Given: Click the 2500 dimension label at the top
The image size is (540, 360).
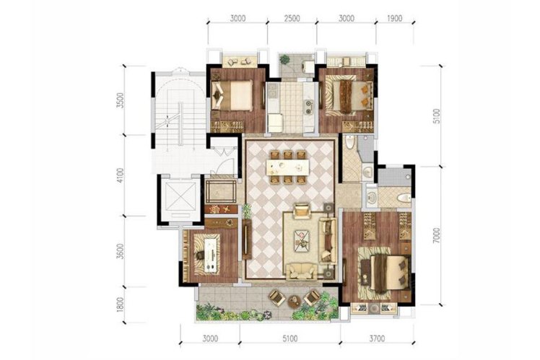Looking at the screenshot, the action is point(292,18).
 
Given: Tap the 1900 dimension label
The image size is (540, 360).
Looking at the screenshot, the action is point(394,18).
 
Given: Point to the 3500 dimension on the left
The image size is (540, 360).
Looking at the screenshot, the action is point(120,100).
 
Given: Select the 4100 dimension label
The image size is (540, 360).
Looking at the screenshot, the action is point(120,175).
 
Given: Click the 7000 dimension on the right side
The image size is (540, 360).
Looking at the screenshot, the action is point(436,236).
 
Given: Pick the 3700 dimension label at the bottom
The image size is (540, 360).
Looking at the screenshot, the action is point(377,338).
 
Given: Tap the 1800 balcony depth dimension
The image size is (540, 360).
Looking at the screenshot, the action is point(120,305).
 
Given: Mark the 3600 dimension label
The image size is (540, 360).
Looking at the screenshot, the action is point(120,252).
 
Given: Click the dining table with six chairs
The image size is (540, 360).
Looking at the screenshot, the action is point(287,167).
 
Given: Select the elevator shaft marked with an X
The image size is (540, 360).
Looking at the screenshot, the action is point(180,196).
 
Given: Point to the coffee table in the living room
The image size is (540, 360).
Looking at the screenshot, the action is point(302,240).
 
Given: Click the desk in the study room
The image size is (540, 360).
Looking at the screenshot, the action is point(211,255).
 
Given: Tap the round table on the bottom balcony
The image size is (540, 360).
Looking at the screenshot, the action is point(295,302).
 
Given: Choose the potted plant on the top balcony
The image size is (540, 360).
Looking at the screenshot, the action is point(284,60).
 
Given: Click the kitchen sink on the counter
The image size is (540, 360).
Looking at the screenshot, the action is point(308,106).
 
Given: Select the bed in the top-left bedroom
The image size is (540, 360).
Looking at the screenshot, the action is point(232,95).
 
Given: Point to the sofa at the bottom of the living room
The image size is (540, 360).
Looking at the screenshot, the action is point(302,271).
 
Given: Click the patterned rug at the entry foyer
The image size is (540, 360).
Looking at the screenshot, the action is point(221,192).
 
